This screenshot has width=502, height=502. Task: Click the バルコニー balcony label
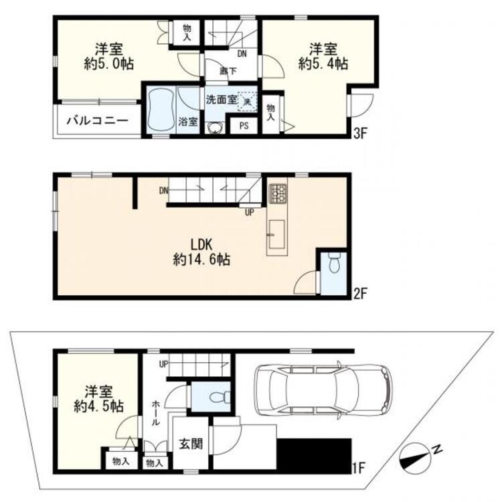point(97,122)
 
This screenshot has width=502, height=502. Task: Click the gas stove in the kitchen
point(277,193)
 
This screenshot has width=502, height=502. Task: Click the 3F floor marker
point(361,133)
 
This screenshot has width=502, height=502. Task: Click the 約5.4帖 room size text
point(322,65)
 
